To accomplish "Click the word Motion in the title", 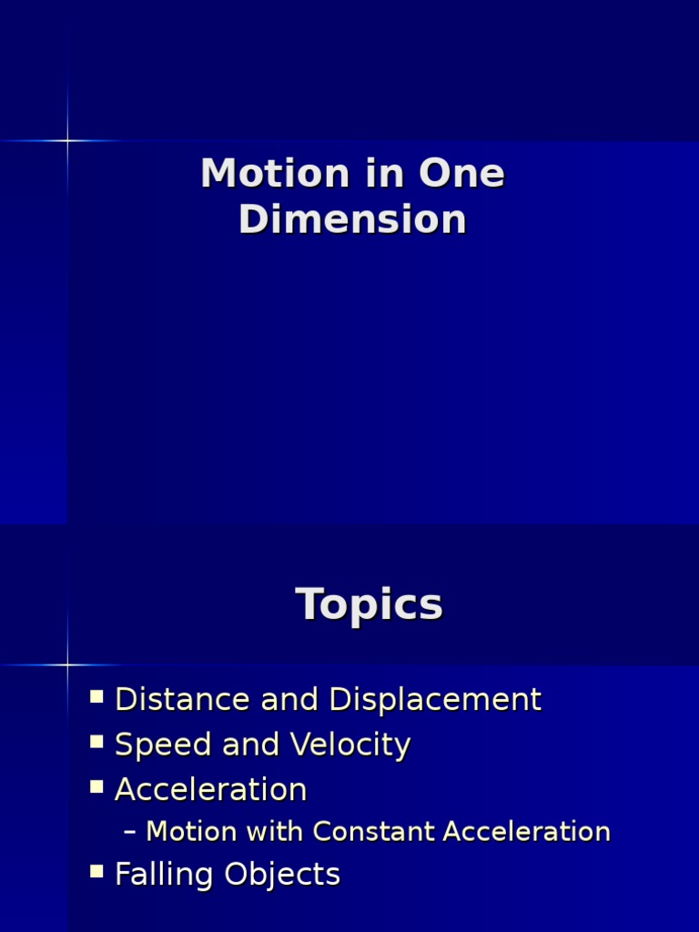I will [262, 174].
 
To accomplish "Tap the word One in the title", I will [461, 174].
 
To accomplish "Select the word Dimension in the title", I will [352, 220].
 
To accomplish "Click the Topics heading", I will [369, 605].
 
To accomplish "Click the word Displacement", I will [435, 700].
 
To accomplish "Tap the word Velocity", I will [350, 745].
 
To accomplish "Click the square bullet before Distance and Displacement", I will [97, 698].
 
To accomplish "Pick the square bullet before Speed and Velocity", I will [97, 743].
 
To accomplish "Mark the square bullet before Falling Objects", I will [97, 873].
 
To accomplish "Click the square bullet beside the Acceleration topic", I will [97, 787].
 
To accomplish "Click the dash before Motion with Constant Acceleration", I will [129, 832].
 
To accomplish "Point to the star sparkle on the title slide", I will [67, 140].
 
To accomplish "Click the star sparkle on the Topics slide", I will [67, 664].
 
